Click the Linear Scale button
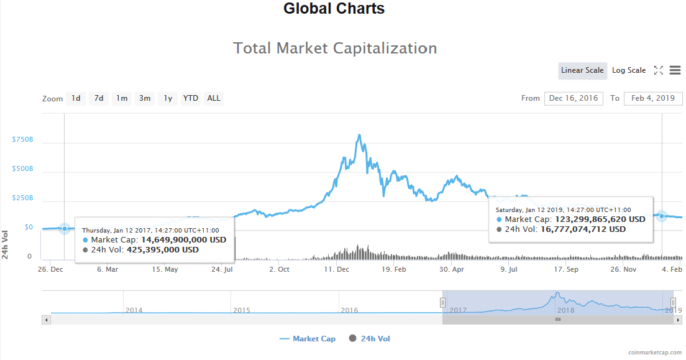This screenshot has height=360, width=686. click(x=582, y=70)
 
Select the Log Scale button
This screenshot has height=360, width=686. click(x=629, y=70)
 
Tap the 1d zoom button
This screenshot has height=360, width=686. click(x=76, y=98)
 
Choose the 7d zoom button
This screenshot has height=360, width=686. click(x=98, y=98)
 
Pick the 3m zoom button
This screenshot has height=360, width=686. click(x=145, y=98)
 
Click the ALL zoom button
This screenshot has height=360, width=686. click(x=214, y=98)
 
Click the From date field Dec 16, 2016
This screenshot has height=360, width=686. click(x=573, y=98)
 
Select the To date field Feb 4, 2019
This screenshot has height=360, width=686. click(x=652, y=98)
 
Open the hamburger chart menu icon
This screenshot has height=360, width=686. click(x=675, y=70)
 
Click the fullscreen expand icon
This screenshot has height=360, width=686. click(x=659, y=70)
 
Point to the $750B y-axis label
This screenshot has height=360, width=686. click(x=22, y=139)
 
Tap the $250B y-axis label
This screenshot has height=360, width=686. click(x=22, y=198)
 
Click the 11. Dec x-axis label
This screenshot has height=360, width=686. click(x=336, y=269)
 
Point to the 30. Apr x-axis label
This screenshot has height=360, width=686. click(x=452, y=269)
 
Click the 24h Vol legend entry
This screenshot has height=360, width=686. click(x=370, y=339)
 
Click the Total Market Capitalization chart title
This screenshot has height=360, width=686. click(x=335, y=48)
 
